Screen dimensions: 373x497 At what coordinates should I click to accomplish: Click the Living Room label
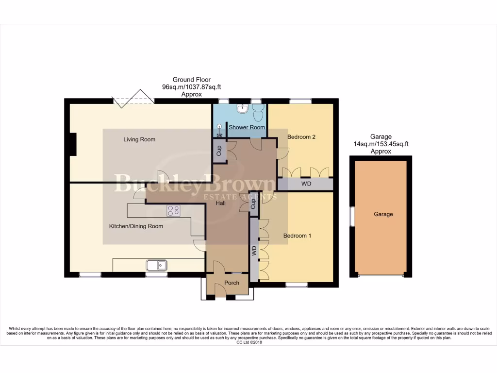point(139,139)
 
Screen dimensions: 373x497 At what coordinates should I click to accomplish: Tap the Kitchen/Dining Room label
point(136,226)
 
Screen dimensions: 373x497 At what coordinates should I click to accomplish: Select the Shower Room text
point(247,127)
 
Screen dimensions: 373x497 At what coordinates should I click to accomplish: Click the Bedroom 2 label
point(301,137)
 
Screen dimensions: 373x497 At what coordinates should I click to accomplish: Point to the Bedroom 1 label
point(297,236)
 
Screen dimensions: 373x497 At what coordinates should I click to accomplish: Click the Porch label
point(232,283)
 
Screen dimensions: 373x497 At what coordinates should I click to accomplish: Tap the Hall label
point(221,203)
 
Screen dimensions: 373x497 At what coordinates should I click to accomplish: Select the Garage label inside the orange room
point(383,214)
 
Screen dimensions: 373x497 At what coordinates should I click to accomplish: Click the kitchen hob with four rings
point(173,211)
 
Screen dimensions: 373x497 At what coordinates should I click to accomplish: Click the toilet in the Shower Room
point(257,113)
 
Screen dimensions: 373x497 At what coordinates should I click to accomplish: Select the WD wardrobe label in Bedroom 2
point(306,185)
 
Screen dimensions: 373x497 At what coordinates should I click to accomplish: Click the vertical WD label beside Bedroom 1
point(254,251)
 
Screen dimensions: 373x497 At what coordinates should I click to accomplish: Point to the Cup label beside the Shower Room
point(219,150)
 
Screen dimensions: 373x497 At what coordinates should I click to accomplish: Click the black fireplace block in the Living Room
point(73,145)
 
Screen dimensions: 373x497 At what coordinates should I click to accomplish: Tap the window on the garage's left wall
point(353,216)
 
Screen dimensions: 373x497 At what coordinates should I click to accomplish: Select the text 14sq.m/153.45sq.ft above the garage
point(381,144)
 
